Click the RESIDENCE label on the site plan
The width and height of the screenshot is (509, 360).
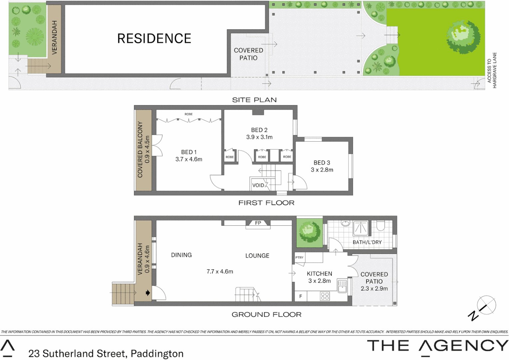tap(154, 39)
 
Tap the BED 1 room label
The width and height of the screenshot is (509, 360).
tap(189, 152)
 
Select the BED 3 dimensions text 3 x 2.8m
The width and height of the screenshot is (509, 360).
tap(322, 170)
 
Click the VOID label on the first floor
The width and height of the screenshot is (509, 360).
tap(258, 185)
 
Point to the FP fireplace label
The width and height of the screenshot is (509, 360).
tap(258, 223)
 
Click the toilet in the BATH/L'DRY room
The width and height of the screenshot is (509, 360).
tap(381, 226)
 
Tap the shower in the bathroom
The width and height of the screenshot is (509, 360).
tap(360, 228)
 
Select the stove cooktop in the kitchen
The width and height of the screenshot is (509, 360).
tap(325, 296)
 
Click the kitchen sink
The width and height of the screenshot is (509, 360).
tap(342, 286)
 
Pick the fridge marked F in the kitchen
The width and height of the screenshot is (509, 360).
tap(300, 296)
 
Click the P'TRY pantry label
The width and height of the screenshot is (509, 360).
tap(299, 257)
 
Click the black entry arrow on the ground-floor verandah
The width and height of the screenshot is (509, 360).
tap(148, 293)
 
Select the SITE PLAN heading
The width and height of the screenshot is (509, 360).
tap(254, 100)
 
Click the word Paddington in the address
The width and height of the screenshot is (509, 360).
tap(157, 354)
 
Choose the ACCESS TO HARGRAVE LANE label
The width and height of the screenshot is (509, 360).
tap(492, 70)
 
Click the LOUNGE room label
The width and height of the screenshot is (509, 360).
tap(257, 256)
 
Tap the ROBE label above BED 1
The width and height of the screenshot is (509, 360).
tap(189, 114)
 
